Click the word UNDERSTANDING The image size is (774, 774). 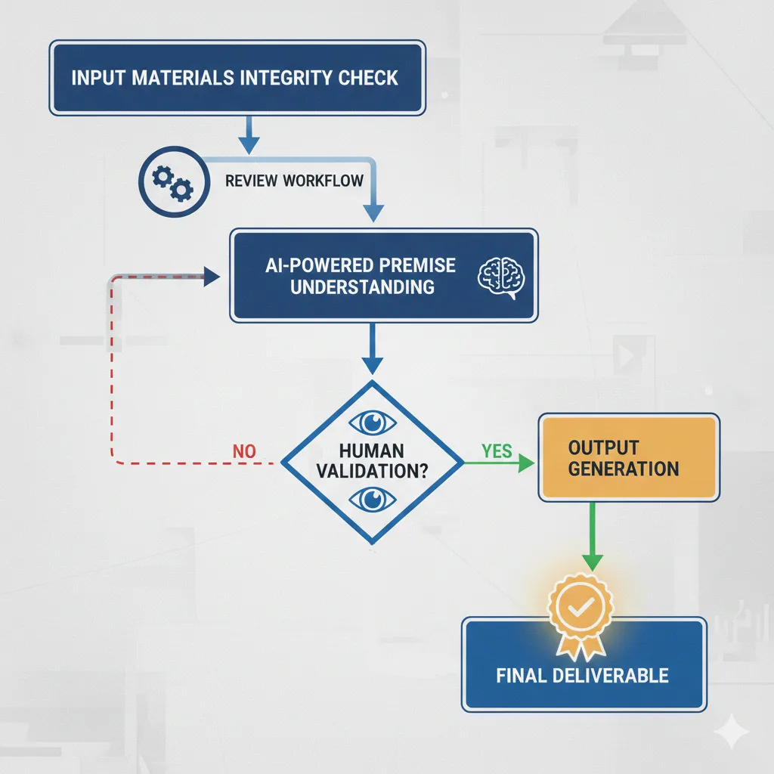(363, 288)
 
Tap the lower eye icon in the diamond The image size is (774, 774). (372, 497)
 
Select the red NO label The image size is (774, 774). (244, 452)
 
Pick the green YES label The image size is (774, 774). (497, 451)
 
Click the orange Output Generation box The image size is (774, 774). (628, 457)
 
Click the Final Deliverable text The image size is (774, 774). (583, 675)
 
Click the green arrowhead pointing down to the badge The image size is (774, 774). (592, 561)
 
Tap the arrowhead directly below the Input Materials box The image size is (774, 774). (249, 144)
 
